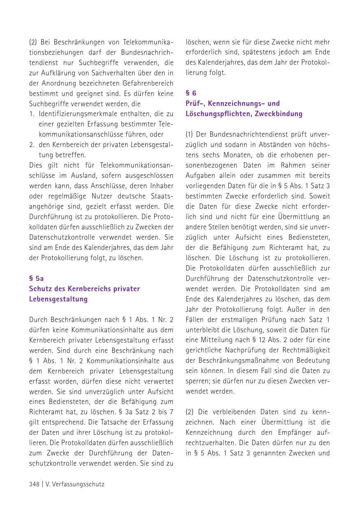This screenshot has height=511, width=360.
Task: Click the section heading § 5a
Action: pyautogui.click(x=36, y=278)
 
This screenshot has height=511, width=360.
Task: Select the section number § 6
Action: pyautogui.click(x=191, y=93)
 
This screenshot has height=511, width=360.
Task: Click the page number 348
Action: pyautogui.click(x=34, y=484)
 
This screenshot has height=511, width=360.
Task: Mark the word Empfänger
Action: pyautogui.click(x=292, y=432)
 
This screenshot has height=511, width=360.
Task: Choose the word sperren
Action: pyautogui.click(x=197, y=381)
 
